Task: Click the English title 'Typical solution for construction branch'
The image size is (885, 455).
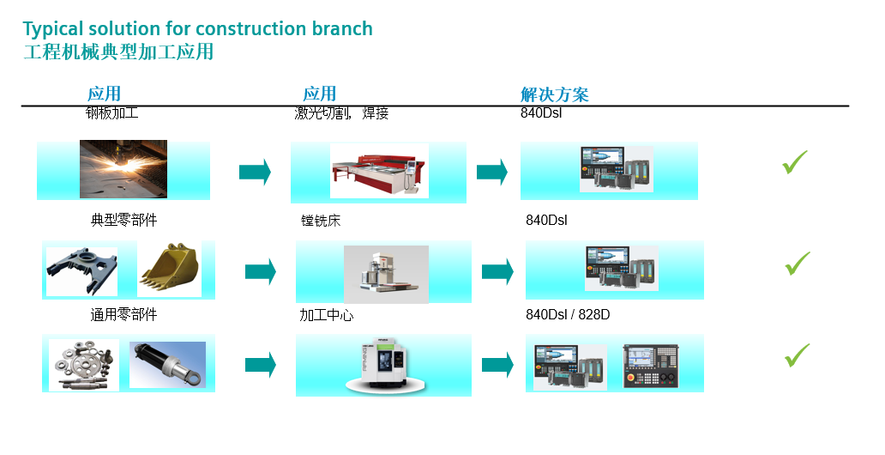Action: [197, 28]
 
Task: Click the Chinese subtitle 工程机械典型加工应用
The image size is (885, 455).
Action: [118, 52]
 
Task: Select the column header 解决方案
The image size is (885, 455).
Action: [554, 94]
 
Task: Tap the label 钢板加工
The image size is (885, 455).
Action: [111, 112]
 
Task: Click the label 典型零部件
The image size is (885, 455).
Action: [124, 220]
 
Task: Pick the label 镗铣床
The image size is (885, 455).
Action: [315, 221]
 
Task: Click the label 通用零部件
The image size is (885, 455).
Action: [124, 314]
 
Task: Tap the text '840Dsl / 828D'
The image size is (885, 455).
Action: [567, 314]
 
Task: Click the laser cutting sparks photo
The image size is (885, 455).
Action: [123, 169]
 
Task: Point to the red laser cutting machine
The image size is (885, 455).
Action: [379, 171]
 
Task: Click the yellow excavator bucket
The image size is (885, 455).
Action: [169, 269]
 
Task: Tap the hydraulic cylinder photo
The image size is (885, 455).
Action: [167, 364]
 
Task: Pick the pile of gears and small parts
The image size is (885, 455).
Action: [83, 365]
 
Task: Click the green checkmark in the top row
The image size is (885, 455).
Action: [796, 161]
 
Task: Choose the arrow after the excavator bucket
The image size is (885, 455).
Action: [260, 271]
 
